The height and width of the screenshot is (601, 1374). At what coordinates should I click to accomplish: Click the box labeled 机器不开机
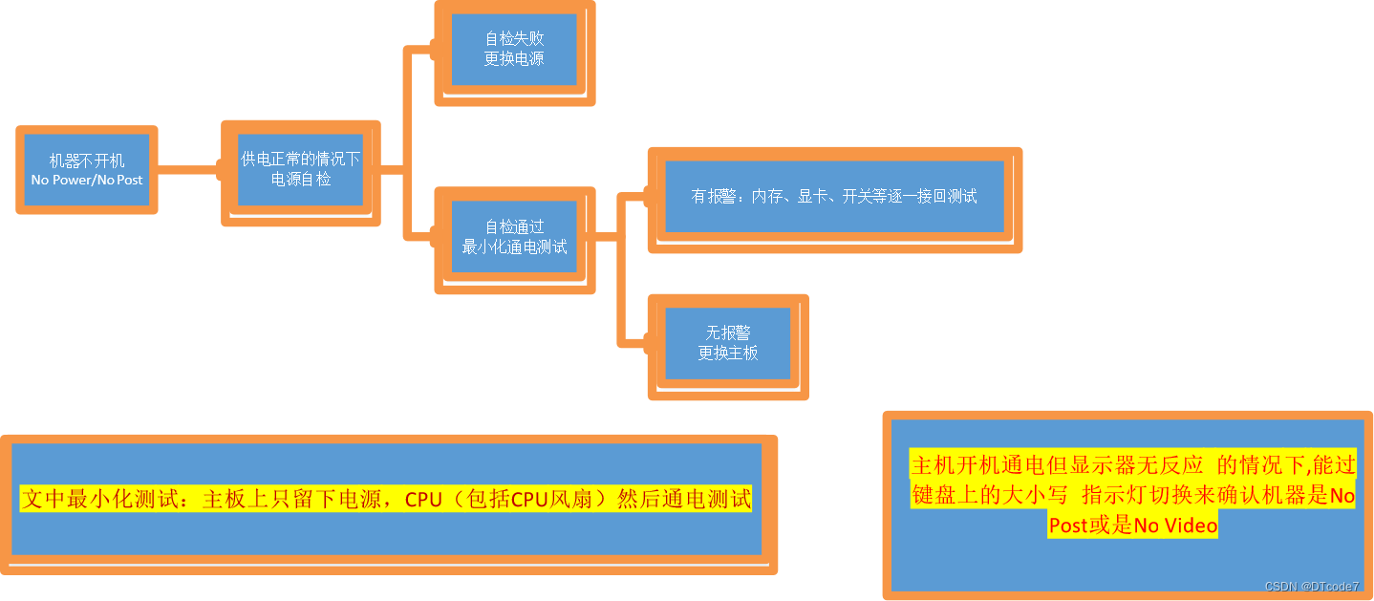click(87, 170)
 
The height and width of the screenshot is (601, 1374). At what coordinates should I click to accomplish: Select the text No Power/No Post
click(87, 180)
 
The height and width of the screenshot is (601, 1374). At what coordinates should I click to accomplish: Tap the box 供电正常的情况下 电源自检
click(301, 169)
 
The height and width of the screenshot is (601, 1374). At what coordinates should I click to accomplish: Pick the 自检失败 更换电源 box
click(515, 50)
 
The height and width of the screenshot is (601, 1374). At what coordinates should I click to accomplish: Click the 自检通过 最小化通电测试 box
click(515, 237)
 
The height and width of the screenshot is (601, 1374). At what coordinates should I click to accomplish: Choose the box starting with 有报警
click(834, 197)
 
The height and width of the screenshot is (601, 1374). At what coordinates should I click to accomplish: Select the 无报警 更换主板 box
click(728, 343)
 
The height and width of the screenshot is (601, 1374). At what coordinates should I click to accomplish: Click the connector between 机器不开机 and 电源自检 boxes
click(189, 171)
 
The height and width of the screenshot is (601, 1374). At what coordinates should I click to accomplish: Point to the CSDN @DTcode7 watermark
click(1311, 586)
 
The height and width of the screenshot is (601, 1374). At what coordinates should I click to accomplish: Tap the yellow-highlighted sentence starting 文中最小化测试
click(386, 500)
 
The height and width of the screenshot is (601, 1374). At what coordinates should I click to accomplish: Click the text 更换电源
click(515, 58)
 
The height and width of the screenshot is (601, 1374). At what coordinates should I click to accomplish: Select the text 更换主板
click(728, 353)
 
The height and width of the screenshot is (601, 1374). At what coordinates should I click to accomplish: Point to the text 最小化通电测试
click(515, 247)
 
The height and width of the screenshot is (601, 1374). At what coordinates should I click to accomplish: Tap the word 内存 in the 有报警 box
click(766, 197)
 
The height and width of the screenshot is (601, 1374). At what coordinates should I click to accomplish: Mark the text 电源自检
click(301, 179)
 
